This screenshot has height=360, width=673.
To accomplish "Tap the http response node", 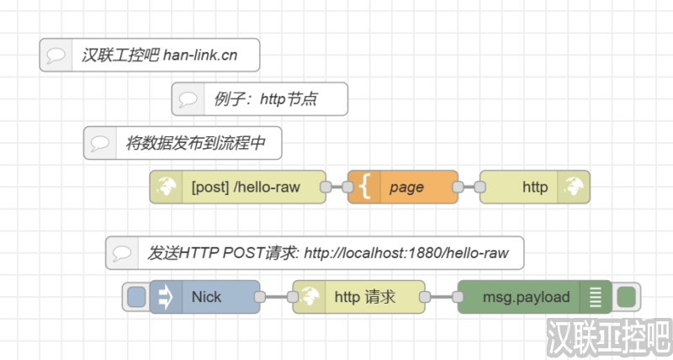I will click(535, 188).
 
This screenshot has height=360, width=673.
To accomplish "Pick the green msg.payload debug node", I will click(527, 297).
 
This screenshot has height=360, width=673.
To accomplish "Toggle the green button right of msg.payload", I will click(626, 297).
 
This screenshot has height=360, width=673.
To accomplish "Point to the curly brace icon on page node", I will click(364, 188).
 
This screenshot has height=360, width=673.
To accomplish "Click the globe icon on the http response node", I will click(575, 188).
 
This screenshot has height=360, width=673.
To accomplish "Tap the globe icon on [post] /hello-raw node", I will click(166, 188).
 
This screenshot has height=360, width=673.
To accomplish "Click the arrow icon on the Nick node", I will click(166, 297).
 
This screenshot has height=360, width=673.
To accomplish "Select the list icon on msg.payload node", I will click(596, 297).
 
